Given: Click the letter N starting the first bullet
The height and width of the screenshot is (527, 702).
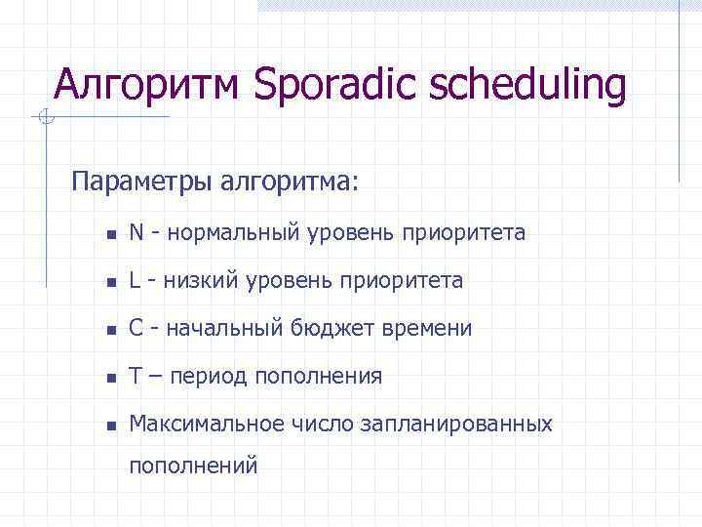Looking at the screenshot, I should [136, 233].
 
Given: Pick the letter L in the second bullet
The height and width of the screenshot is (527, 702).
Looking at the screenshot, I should [136, 281].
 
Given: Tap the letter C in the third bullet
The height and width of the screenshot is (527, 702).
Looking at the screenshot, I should [136, 329].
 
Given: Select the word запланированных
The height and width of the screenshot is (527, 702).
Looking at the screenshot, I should [456, 425].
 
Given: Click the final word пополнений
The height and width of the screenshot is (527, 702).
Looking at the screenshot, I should [194, 466].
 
